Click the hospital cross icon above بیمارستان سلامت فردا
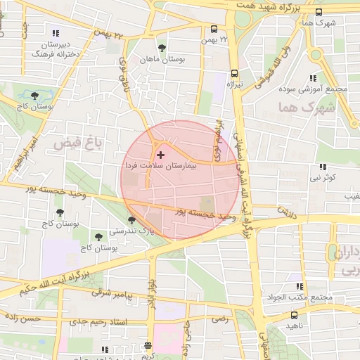pyautogui.click(x=161, y=154)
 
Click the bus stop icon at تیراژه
pyautogui.click(x=234, y=73)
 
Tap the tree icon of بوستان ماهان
pyautogui.click(x=162, y=48)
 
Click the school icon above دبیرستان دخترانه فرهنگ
pyautogui.click(x=56, y=33)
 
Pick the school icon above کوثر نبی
pyautogui.click(x=323, y=167)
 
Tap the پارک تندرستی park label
pyautogui.click(x=129, y=230)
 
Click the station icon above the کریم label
pyautogui.click(x=147, y=346)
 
